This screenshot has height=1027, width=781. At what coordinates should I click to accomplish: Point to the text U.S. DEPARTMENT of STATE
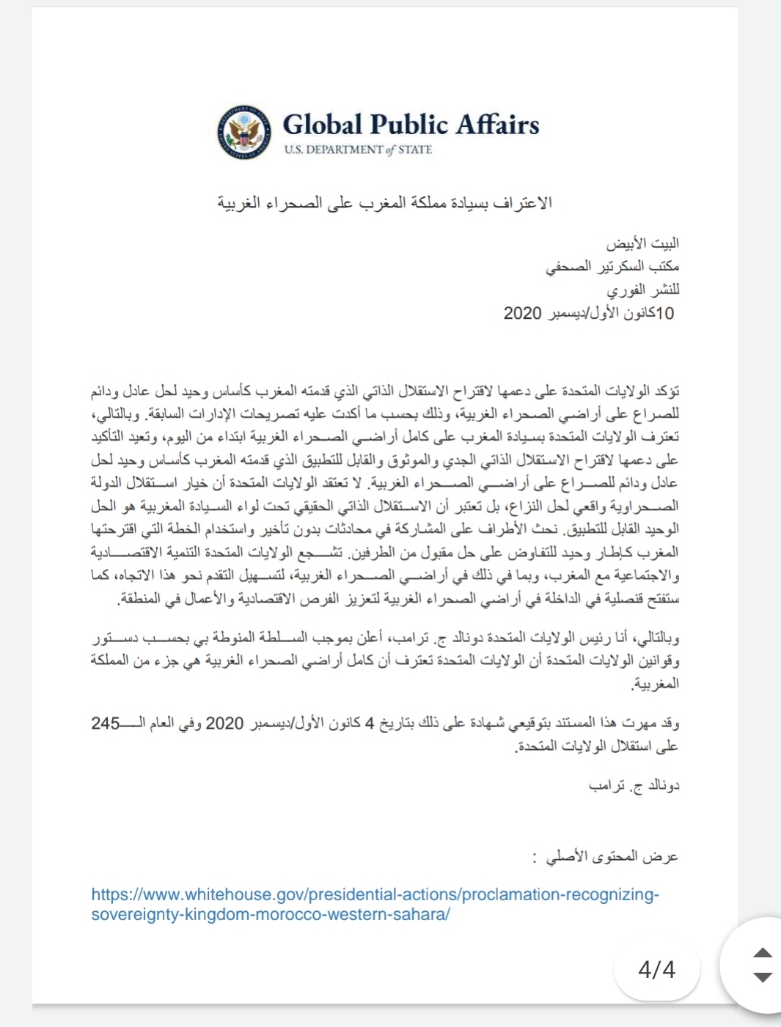[358, 150]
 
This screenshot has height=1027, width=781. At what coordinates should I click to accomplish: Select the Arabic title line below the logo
[384, 203]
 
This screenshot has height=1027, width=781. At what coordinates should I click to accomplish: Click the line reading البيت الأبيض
[642, 243]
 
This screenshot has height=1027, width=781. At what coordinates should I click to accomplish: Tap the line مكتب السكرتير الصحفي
[612, 266]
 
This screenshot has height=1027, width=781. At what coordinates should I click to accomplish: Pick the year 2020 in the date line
[522, 313]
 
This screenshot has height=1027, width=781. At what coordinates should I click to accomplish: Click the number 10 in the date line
[664, 313]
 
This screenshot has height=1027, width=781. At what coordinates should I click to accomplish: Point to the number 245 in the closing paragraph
[106, 723]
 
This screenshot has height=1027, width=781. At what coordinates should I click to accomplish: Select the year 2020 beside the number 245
[224, 723]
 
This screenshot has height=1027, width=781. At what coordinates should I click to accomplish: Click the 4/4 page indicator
[656, 969]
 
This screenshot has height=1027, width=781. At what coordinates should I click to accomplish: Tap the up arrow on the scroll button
[763, 953]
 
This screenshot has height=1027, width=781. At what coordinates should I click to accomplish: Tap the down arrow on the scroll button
[763, 977]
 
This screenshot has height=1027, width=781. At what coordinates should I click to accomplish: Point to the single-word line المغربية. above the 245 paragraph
[656, 684]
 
